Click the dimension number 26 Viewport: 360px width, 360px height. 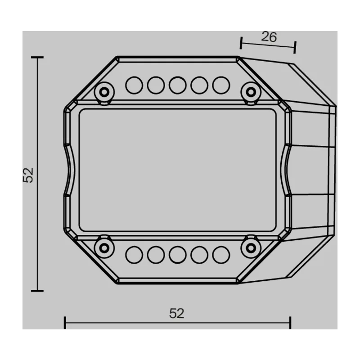point(269,37)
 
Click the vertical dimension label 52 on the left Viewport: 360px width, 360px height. point(28,175)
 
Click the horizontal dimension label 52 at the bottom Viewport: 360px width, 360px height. point(176,313)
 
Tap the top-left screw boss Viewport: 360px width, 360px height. point(104,92)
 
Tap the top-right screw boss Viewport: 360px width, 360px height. point(251,92)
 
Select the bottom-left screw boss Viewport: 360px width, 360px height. point(104,248)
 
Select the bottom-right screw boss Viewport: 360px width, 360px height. point(251,248)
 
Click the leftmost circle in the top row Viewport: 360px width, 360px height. point(134,85)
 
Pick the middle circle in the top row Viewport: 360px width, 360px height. point(177,85)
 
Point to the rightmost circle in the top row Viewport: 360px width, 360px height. point(221,85)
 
